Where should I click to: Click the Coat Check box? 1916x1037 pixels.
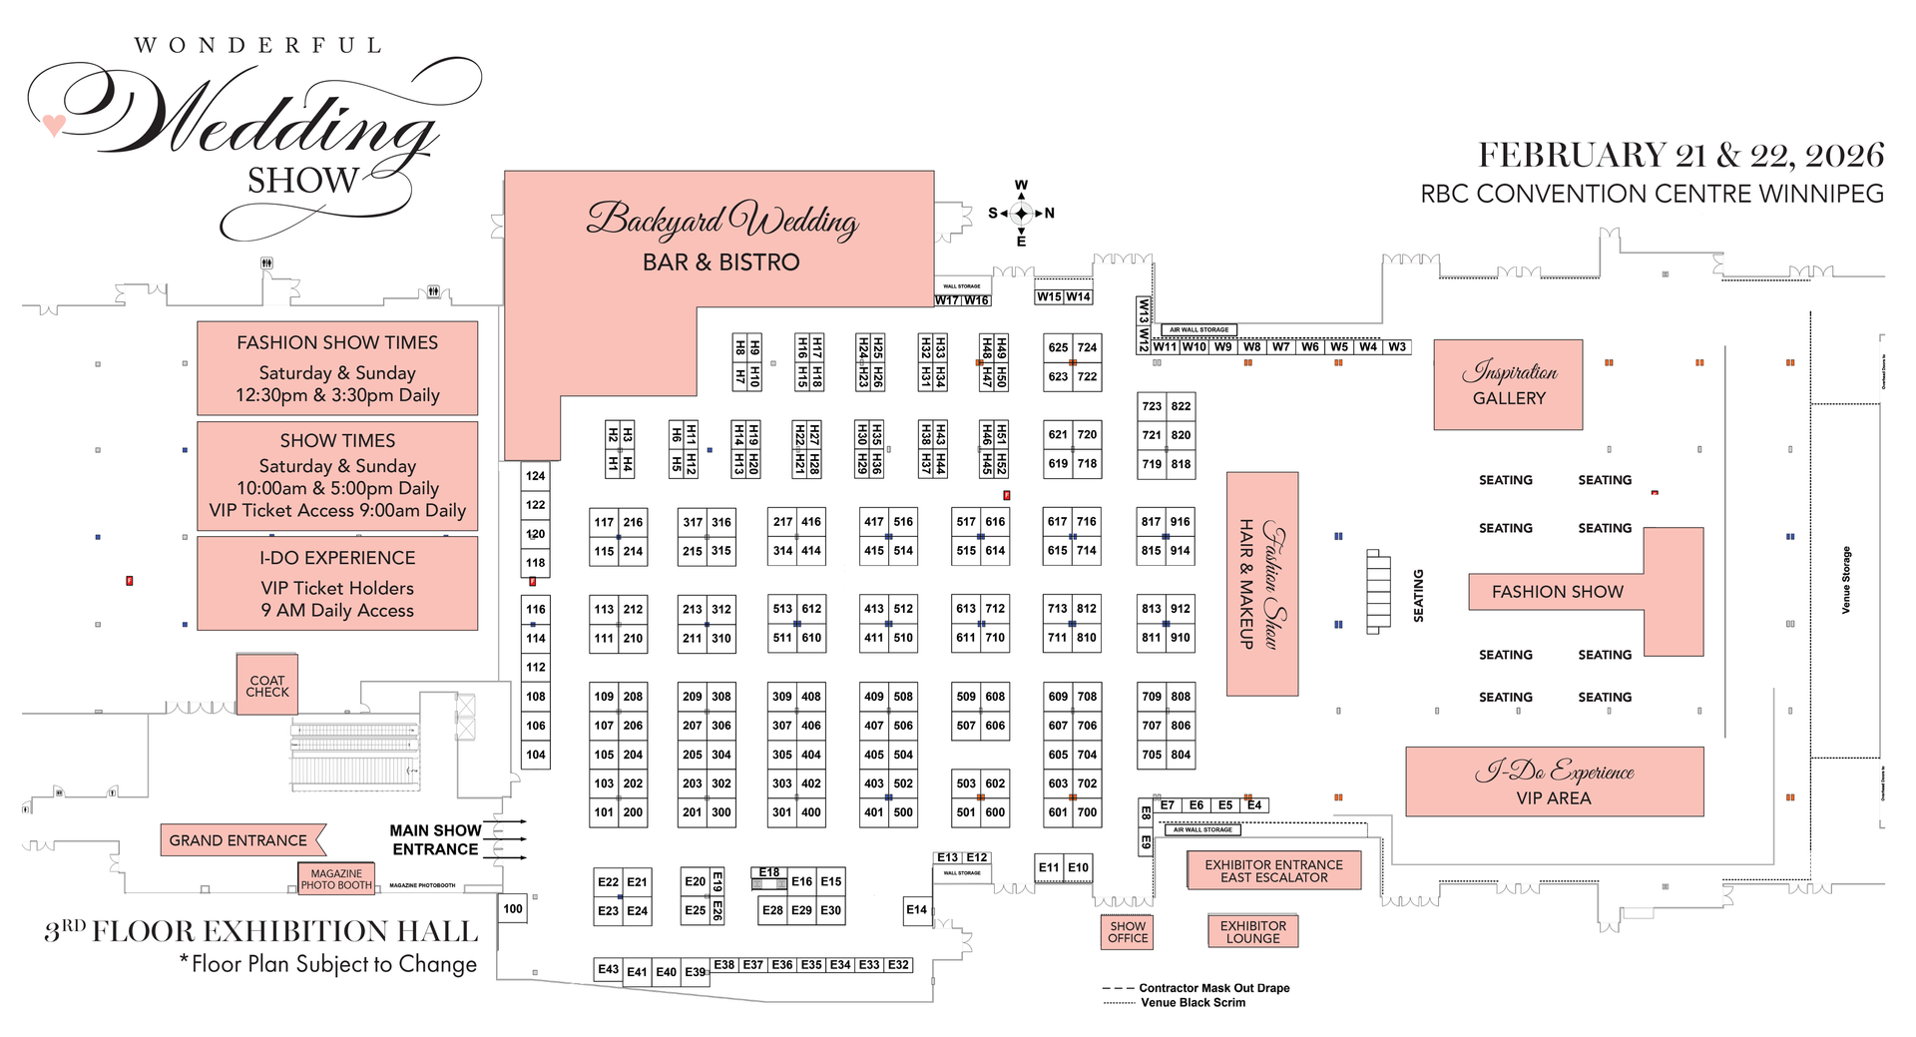pos(266,685)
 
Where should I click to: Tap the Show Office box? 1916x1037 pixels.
pos(1128,931)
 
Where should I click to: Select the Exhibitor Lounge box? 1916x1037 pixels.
pos(1252,931)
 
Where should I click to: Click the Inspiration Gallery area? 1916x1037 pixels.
pos(1508,384)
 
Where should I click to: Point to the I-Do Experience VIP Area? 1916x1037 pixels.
pos(1554,781)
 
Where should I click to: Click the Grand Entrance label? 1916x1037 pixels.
pos(239,840)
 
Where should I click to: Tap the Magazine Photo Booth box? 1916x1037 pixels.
pos(336,879)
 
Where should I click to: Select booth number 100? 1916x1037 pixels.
pos(512,908)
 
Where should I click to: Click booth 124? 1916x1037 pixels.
pos(536,476)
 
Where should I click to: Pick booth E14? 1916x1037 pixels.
pos(916,909)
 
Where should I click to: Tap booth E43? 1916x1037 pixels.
pos(608,969)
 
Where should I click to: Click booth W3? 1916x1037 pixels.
pos(1397,346)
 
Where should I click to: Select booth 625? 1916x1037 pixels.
pos(1058,347)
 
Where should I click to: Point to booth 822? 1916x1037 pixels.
pos(1181,406)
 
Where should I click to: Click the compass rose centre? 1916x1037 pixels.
pos(1021,213)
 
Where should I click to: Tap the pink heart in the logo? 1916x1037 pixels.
pos(54,125)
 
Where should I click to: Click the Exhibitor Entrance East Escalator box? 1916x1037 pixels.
pos(1273,870)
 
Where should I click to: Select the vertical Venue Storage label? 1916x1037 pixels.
pos(1846,580)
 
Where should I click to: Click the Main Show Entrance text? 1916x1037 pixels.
pos(435,839)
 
